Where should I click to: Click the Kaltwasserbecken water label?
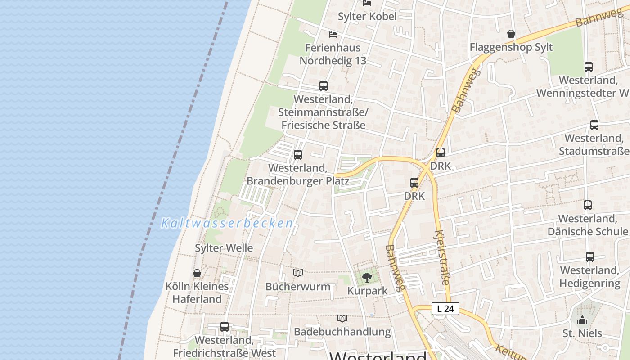coord(227,223)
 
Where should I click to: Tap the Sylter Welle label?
coord(224,248)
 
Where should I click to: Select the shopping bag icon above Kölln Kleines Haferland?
coord(197,273)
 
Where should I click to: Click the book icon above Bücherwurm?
coord(298,273)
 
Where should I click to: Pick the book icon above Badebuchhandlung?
coord(342,318)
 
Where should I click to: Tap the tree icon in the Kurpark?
coord(367,277)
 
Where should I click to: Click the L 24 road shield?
coord(445,309)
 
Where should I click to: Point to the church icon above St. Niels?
coord(582,320)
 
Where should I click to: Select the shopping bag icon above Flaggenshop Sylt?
coord(511,34)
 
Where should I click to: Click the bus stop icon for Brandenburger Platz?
coord(298,155)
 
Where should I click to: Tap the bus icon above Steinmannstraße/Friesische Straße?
coord(323,85)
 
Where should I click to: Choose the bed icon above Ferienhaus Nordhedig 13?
coord(333,34)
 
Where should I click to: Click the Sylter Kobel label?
coord(368,17)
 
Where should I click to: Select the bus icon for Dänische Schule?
coord(587,205)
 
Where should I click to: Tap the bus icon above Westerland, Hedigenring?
coord(590,257)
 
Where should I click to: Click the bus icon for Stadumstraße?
coord(594,125)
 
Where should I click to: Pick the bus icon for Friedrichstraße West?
coord(224,327)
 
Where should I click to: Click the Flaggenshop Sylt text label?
coord(511,48)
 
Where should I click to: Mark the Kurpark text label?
coord(367,291)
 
